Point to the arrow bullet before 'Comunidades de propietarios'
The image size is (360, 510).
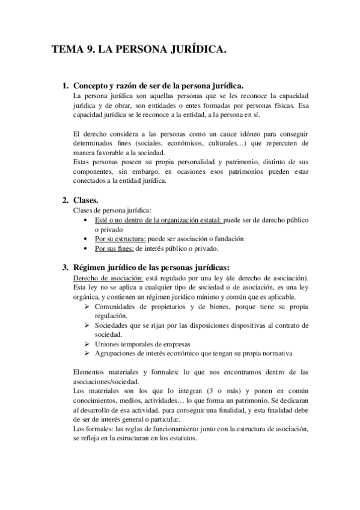point(88,306)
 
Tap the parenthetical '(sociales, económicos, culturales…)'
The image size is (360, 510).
point(192,144)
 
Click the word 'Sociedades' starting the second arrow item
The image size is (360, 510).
point(114,325)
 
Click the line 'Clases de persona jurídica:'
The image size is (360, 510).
point(108,210)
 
